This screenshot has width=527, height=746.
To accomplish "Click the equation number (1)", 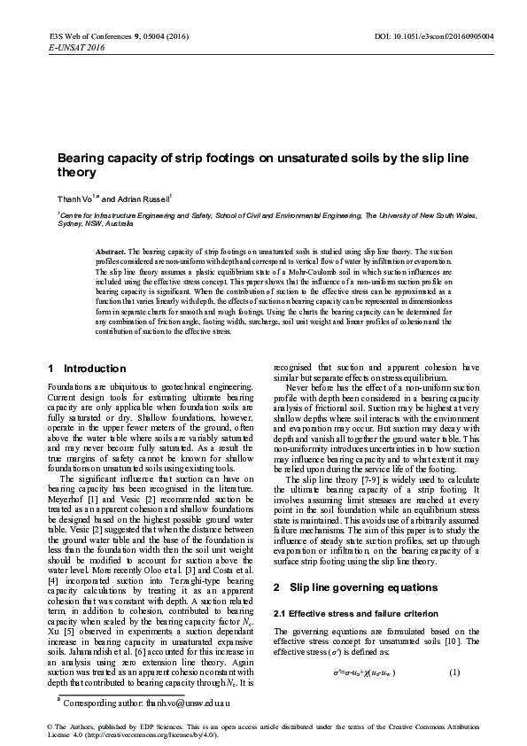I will [x=455, y=672].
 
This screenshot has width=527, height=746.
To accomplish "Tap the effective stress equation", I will [x=351, y=672].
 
